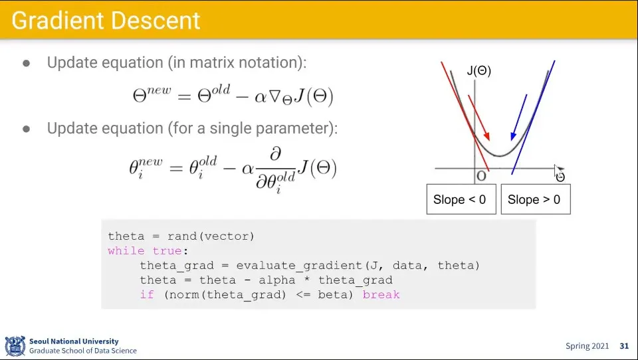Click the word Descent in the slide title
coord(156,21)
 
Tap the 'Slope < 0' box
coord(461,199)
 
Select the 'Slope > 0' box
coord(536,199)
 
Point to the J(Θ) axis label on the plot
coord(479,71)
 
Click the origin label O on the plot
coord(481,176)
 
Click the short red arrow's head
coord(487,137)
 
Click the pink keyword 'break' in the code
coord(381,294)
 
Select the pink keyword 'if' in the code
coord(147,294)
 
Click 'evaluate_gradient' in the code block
coord(299,266)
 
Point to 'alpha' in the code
coord(277,280)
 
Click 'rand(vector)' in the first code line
coord(211,236)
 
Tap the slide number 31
coord(624,346)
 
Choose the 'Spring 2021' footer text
coord(587,346)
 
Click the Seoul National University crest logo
coord(15,345)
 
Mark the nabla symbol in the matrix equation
coord(274,96)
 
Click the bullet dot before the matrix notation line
coord(27,63)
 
